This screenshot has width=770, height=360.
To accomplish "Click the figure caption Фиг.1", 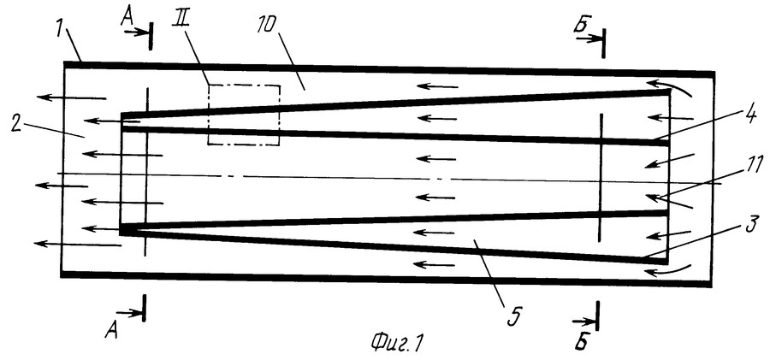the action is pos(396,342).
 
